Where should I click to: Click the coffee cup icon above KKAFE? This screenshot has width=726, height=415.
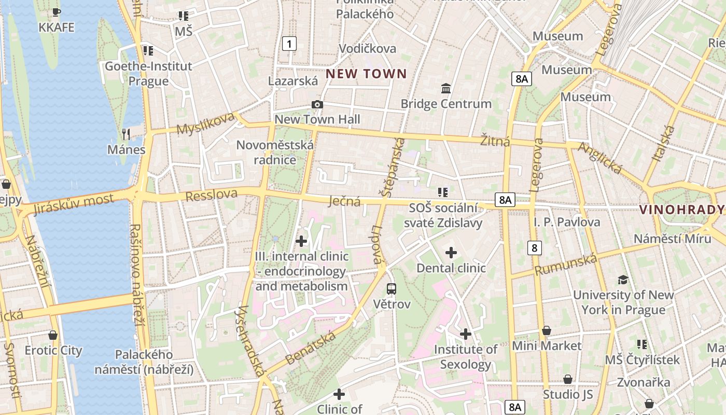[x=57, y=12]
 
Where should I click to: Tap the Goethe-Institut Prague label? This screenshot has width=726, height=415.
[x=148, y=74]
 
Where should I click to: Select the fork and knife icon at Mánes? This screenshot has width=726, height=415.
[x=126, y=134]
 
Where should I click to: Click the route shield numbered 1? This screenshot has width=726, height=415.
[x=289, y=44]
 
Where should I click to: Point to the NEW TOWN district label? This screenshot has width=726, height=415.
[x=366, y=74]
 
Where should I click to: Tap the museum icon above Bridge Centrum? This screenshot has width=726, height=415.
[x=446, y=89]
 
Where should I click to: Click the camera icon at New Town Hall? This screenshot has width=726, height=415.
[x=317, y=105]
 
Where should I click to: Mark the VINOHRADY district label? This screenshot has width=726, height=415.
[x=681, y=210]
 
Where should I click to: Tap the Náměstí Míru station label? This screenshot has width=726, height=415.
[x=672, y=239]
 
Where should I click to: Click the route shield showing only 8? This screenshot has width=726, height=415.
[x=535, y=247]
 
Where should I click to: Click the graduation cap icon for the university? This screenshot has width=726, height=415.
[x=623, y=280]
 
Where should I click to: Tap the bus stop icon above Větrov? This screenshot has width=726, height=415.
[x=392, y=289]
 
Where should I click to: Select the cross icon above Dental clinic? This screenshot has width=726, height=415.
[x=451, y=253]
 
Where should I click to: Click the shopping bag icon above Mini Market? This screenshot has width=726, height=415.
[x=547, y=330]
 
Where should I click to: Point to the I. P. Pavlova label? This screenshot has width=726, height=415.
[x=567, y=222]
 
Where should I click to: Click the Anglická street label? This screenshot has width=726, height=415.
[x=600, y=158]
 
